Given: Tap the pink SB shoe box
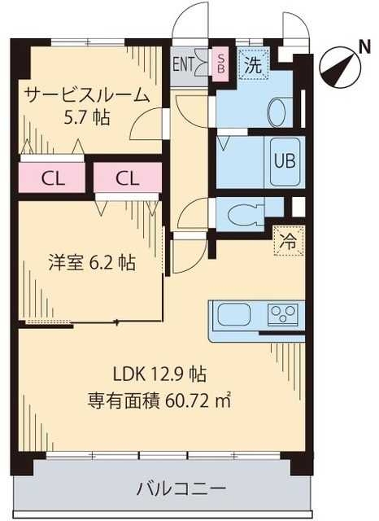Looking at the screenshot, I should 220,62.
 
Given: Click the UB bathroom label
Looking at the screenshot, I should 283,159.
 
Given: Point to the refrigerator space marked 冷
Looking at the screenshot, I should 288,241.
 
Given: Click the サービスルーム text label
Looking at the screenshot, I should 86,94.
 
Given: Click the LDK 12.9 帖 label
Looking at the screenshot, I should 159,374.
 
